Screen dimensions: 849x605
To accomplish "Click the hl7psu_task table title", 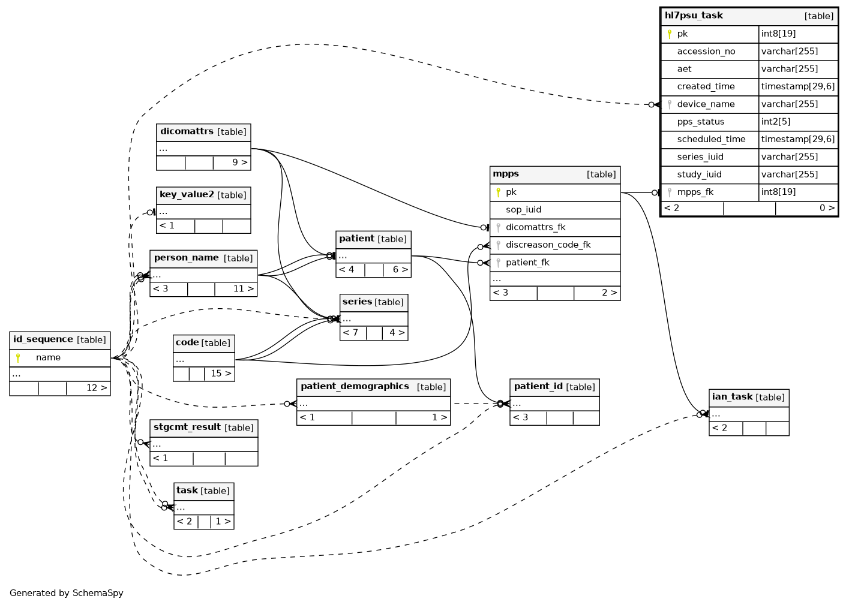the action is [693, 16].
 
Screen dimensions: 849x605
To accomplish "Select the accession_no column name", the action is [706, 52].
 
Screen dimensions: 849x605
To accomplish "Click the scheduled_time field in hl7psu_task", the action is [711, 140].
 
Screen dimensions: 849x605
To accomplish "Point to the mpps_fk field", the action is [695, 192].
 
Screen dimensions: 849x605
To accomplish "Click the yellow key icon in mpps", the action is [498, 192].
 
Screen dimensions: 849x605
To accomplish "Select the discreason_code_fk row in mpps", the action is [555, 245].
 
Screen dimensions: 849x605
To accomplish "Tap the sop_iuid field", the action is [523, 210].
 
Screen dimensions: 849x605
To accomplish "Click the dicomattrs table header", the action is [203, 133].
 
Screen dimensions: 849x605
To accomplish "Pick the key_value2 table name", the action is [187, 195].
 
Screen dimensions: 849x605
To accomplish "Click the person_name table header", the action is [203, 258].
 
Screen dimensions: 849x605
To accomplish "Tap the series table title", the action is [357, 302].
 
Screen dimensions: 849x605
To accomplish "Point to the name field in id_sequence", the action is [48, 357].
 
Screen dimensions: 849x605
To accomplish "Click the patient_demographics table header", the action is [373, 387].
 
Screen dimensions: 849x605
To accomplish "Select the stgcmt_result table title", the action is [187, 428].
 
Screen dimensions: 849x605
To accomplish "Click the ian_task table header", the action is [749, 398].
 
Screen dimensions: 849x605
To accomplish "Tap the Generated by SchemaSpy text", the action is [67, 593].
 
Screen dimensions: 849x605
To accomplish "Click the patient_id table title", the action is [538, 386].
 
